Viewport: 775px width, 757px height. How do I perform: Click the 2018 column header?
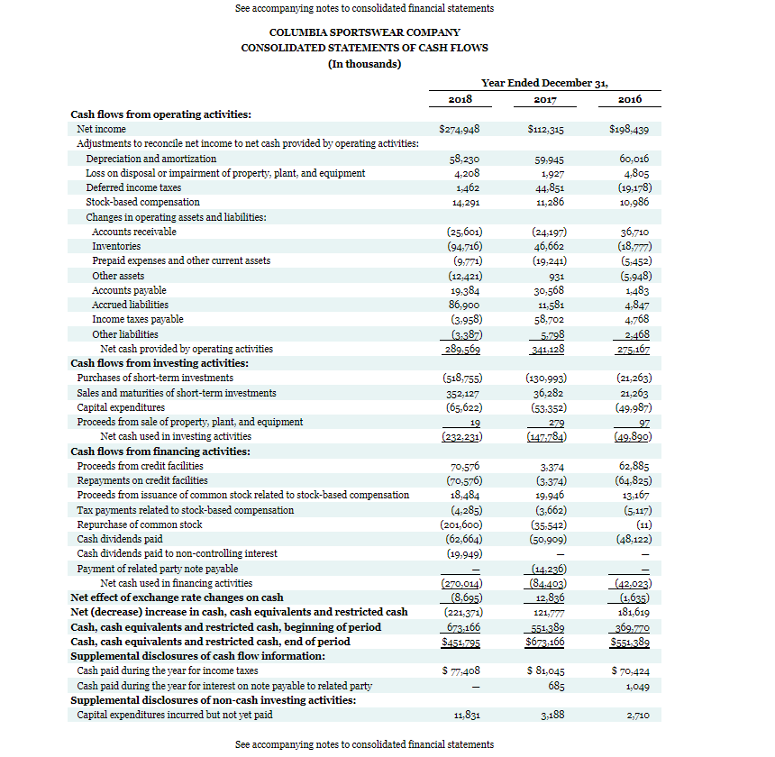(461, 99)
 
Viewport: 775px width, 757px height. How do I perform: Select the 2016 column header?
(630, 99)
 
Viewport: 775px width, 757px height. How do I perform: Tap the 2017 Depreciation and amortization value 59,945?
(549, 159)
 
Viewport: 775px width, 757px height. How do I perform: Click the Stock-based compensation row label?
(142, 202)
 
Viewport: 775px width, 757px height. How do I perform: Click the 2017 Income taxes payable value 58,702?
(548, 319)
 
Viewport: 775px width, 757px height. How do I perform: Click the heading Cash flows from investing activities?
(160, 363)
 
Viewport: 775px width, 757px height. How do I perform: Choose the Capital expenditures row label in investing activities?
(121, 407)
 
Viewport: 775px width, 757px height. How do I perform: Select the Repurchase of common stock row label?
(140, 524)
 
